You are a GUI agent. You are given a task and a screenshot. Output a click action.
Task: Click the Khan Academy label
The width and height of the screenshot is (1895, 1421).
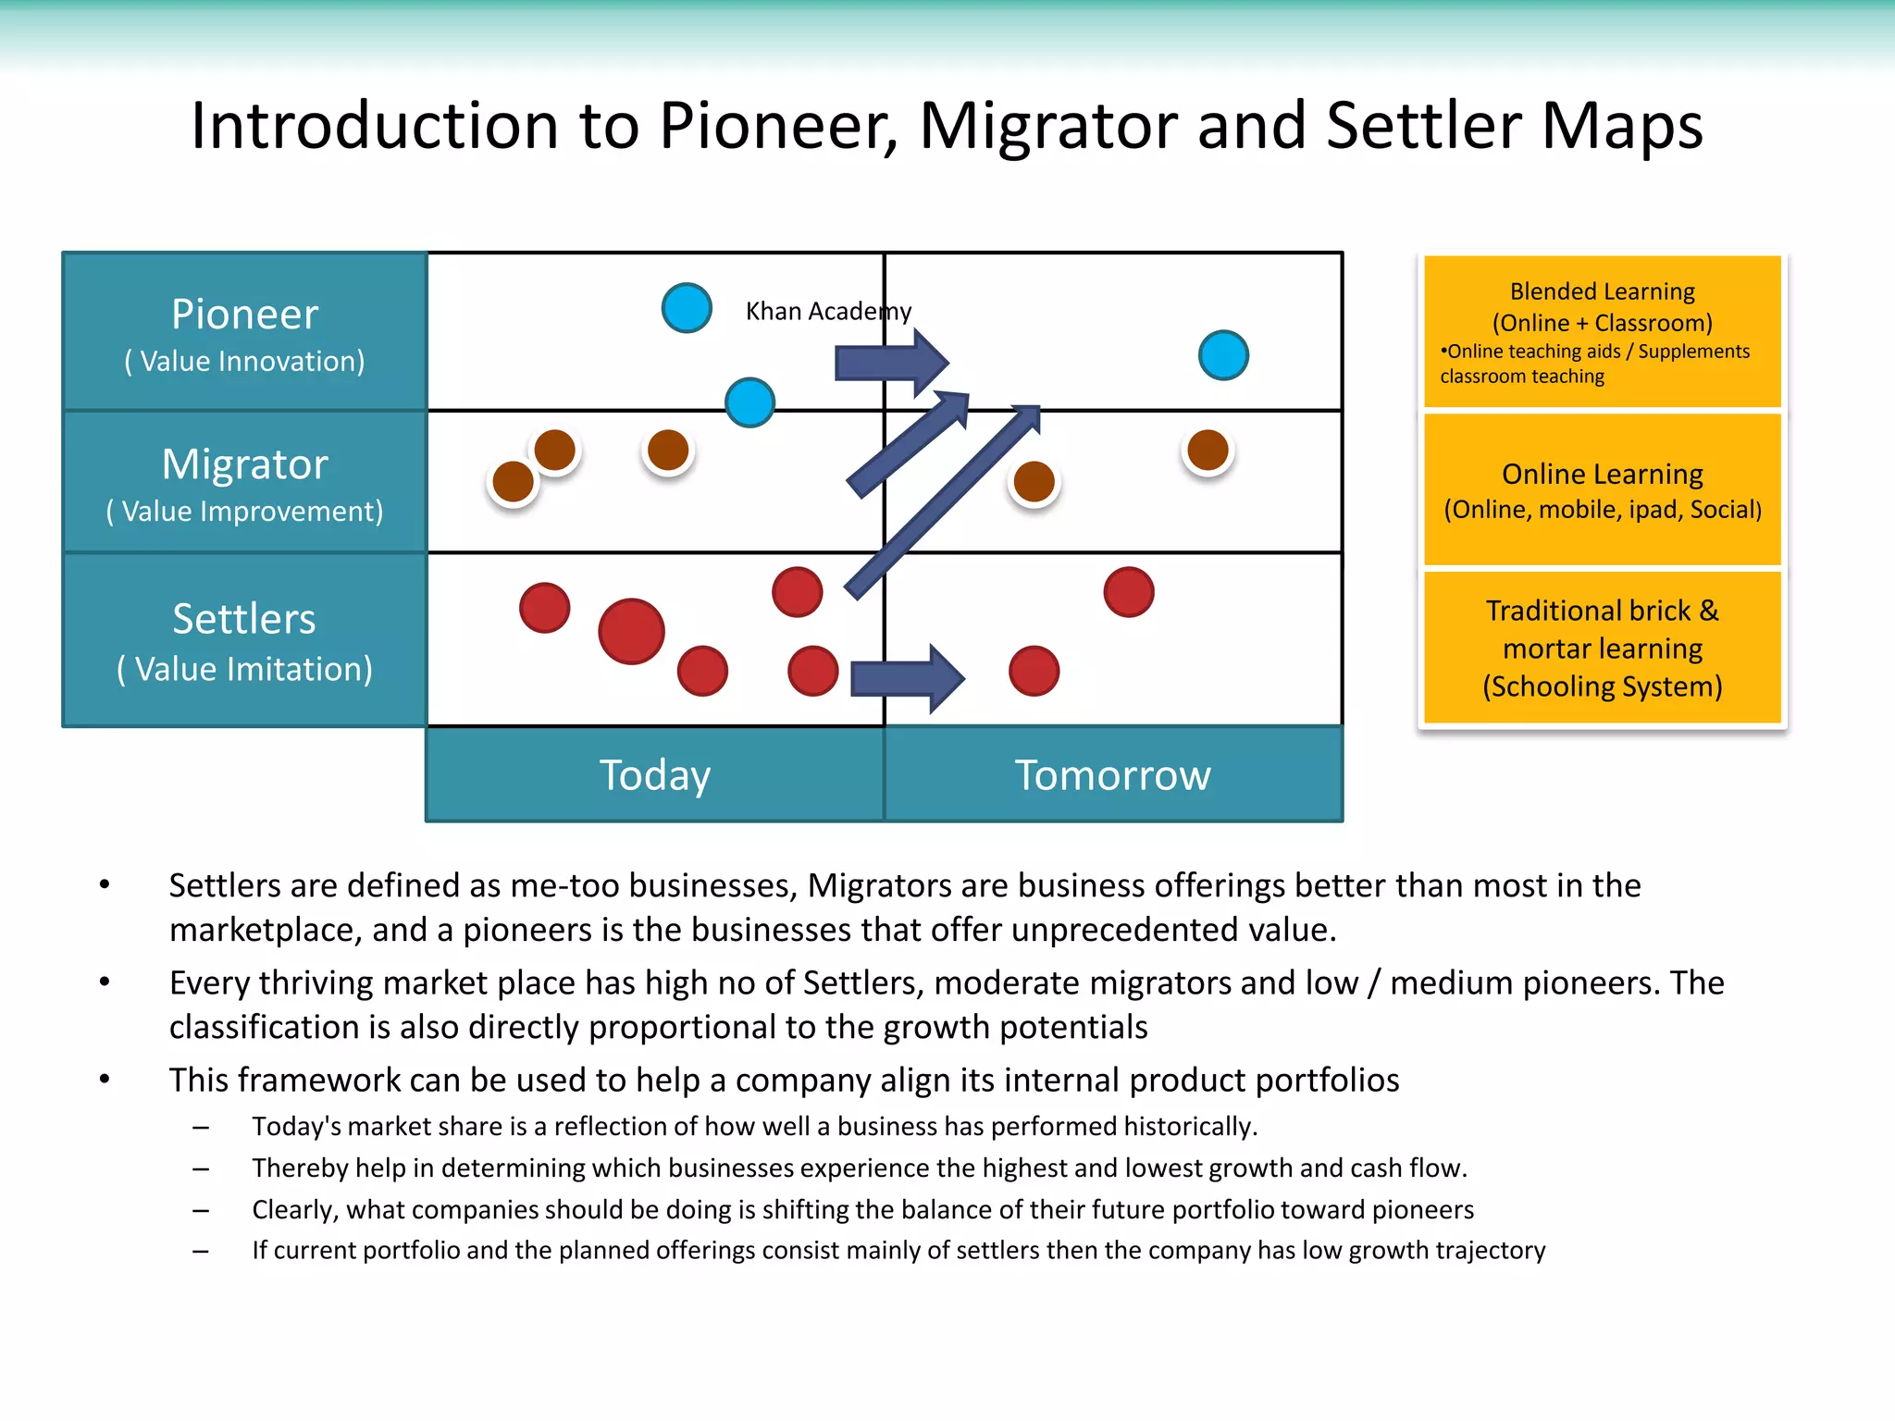pyautogui.click(x=828, y=311)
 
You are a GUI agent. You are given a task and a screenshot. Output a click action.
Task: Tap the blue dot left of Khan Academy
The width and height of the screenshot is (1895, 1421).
pyautogui.click(x=687, y=308)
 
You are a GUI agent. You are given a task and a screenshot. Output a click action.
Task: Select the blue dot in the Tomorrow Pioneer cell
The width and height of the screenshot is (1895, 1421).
pyautogui.click(x=1223, y=355)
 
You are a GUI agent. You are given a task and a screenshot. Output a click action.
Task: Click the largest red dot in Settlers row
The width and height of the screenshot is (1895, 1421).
pyautogui.click(x=631, y=632)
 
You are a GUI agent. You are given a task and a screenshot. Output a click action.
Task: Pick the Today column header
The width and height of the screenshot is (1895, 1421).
pyautogui.click(x=655, y=775)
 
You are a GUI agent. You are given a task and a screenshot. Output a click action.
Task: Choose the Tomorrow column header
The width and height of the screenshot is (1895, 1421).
pyautogui.click(x=1112, y=775)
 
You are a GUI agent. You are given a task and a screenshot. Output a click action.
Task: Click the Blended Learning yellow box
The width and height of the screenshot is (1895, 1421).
pyautogui.click(x=1602, y=331)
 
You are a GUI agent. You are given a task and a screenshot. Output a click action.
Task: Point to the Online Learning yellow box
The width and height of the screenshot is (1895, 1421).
pyautogui.click(x=1602, y=489)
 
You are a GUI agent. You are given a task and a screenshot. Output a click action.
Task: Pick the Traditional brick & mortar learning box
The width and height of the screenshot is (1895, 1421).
pyautogui.click(x=1602, y=648)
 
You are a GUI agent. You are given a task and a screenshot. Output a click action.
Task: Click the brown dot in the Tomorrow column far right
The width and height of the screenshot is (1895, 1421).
pyautogui.click(x=1208, y=451)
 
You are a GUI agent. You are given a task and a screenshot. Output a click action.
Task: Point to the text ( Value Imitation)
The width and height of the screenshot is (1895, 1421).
pyautogui.click(x=244, y=669)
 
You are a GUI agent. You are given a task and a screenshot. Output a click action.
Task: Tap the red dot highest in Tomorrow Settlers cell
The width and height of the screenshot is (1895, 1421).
pyautogui.click(x=1128, y=592)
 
